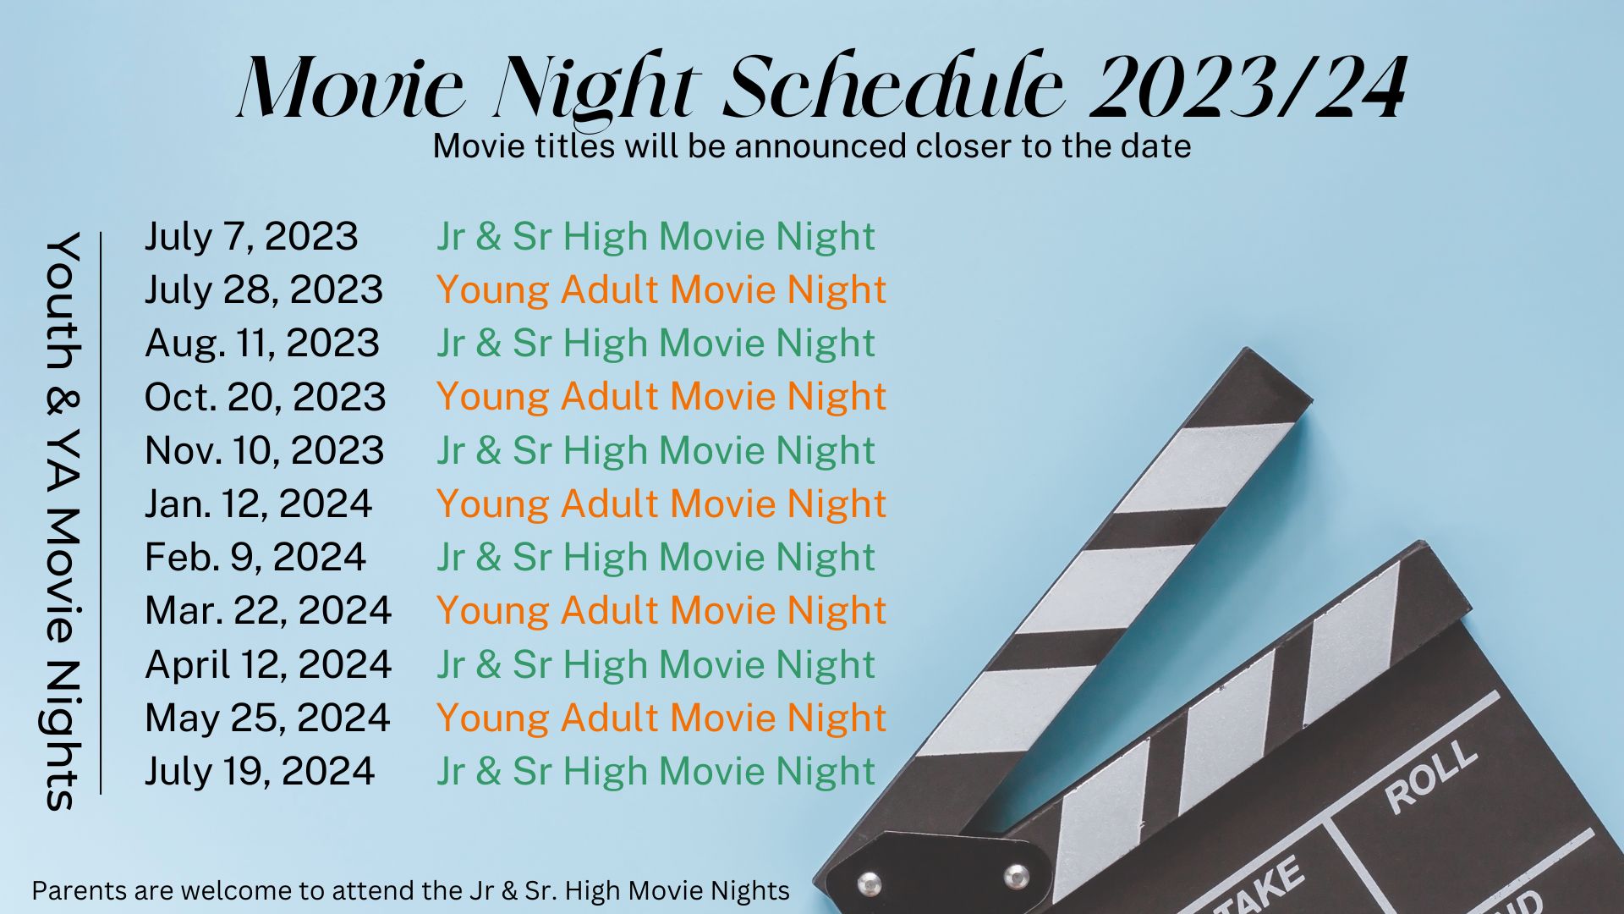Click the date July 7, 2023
tap(251, 237)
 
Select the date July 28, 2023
tap(264, 290)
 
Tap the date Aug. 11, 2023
tap(262, 344)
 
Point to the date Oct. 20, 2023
tap(266, 397)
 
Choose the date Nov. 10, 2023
tap(265, 451)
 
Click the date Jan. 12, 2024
tap(259, 504)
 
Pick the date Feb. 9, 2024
tap(255, 558)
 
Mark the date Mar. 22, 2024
tap(268, 611)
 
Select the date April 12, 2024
tap(268, 665)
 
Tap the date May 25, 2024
tap(267, 719)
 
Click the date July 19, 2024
tap(260, 772)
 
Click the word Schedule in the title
tap(893, 87)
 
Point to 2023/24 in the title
tap(1248, 87)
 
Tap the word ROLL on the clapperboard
tap(1430, 777)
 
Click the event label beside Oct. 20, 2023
tap(661, 397)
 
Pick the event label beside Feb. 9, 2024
tap(656, 558)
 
